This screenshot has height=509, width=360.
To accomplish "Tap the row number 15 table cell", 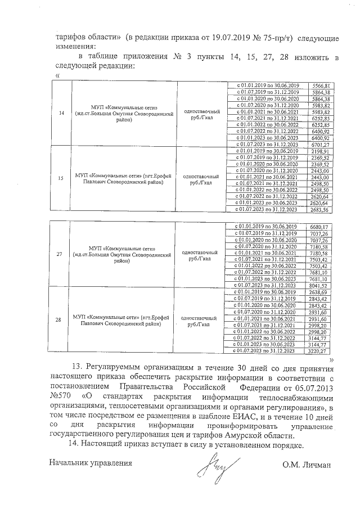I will click(x=60, y=179).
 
